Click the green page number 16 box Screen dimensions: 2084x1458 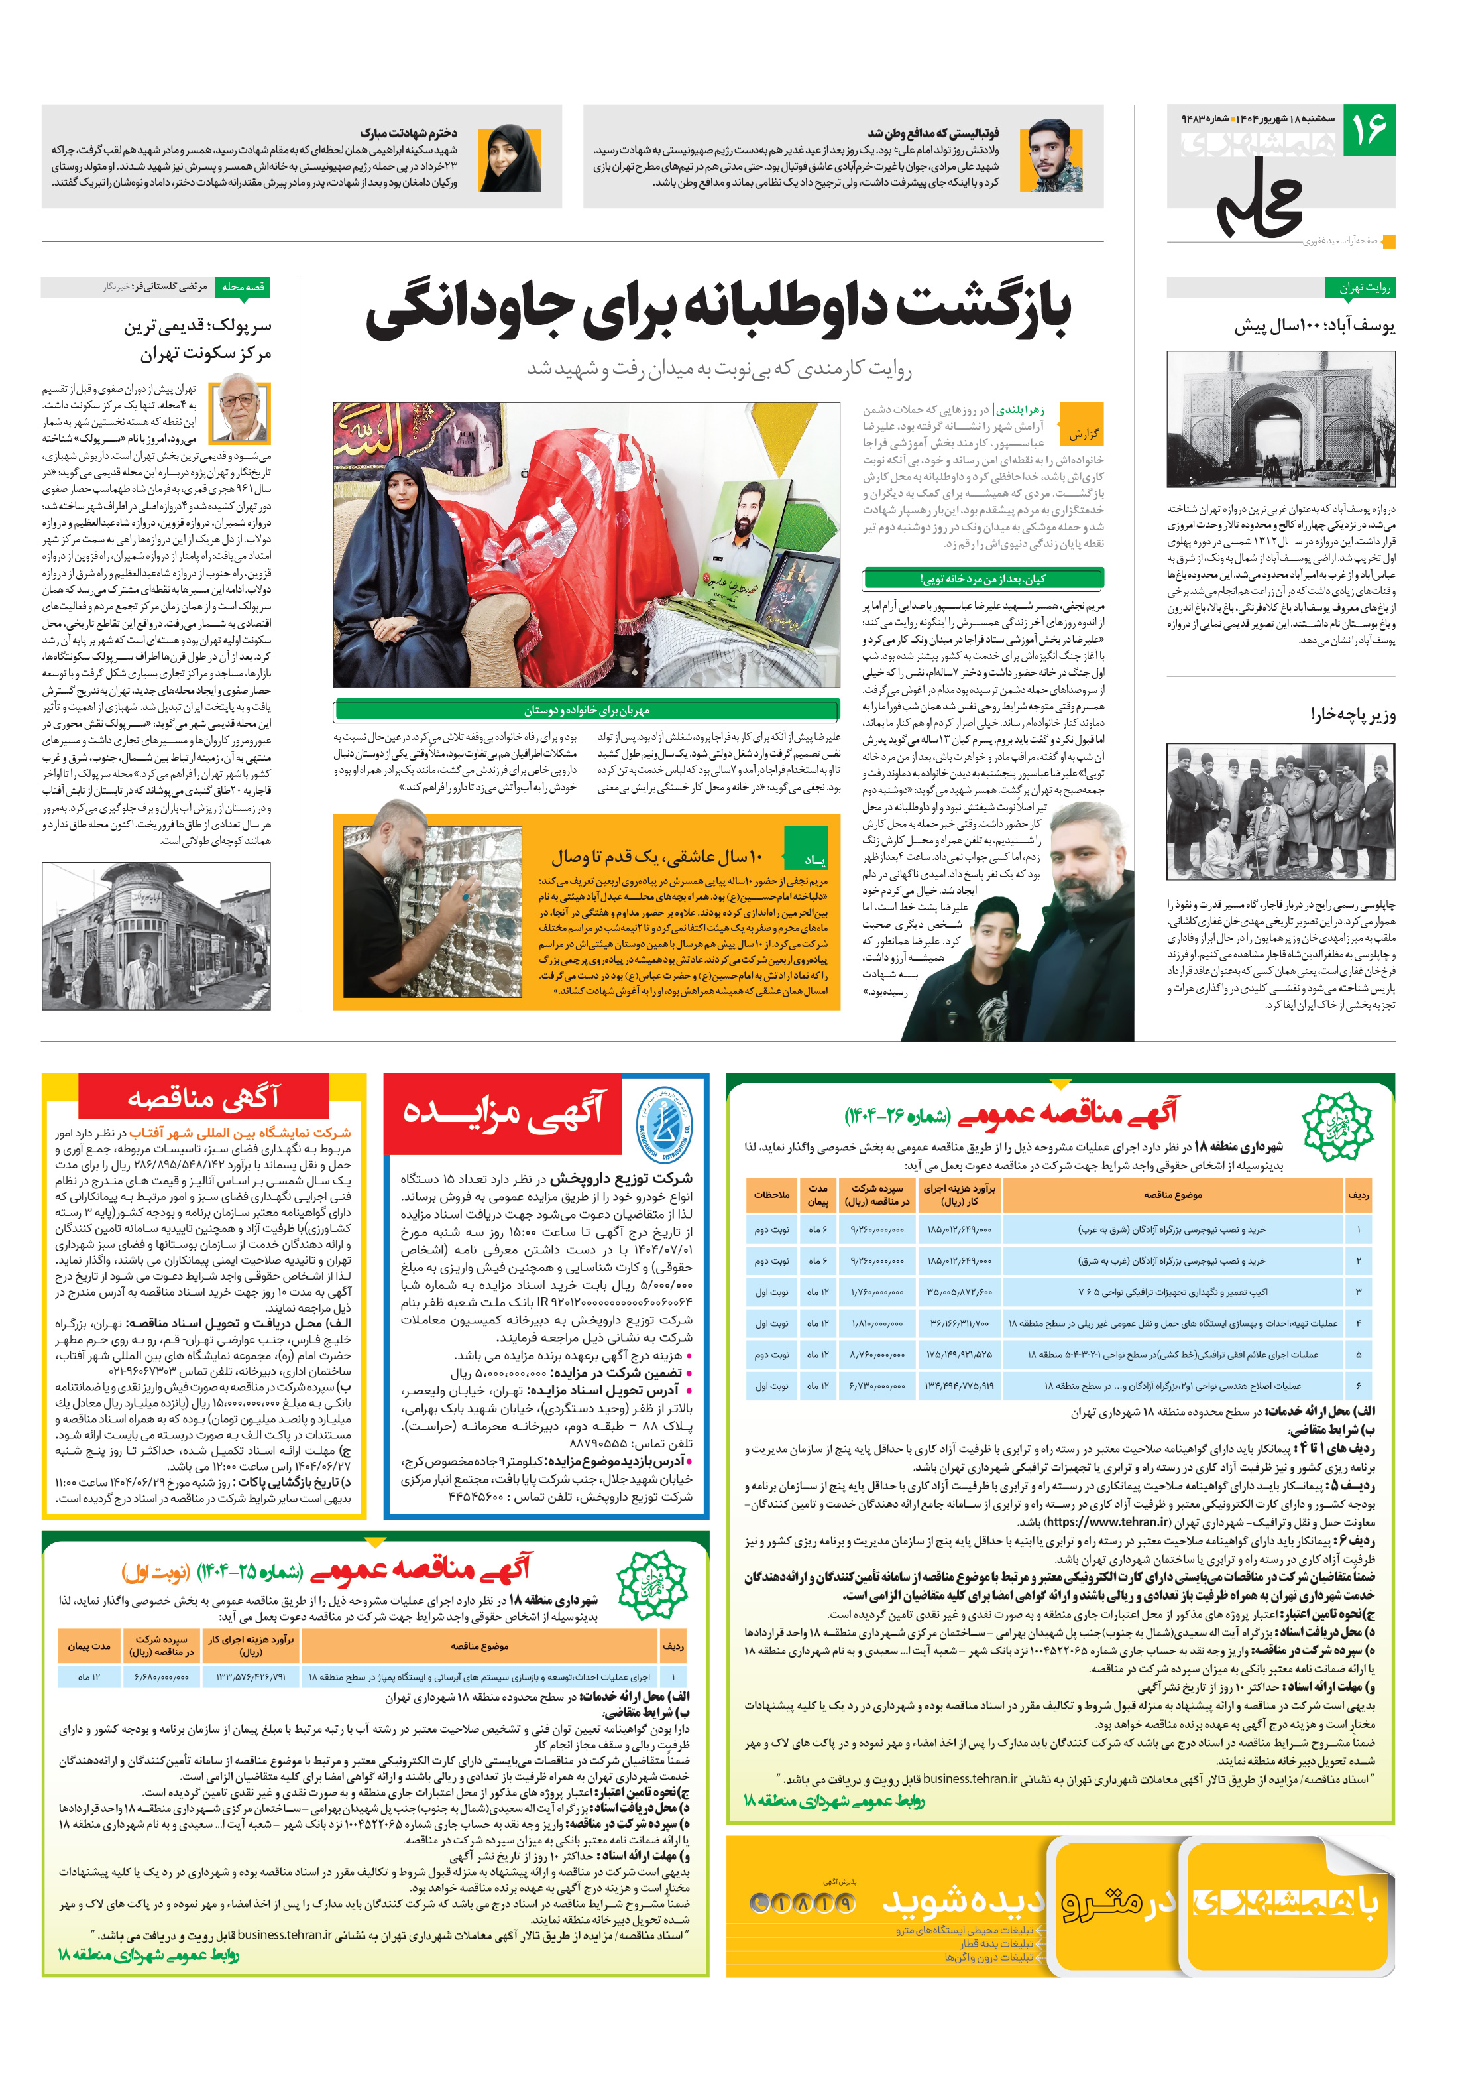coord(1368,130)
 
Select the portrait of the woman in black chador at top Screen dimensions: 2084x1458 coord(509,157)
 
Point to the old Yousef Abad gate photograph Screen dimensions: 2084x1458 coord(1280,419)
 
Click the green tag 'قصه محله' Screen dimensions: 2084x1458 coord(243,287)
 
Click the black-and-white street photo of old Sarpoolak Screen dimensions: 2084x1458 coord(156,936)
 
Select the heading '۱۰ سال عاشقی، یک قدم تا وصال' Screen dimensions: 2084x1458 coord(657,855)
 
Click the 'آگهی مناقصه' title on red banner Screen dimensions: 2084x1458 coord(203,1097)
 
